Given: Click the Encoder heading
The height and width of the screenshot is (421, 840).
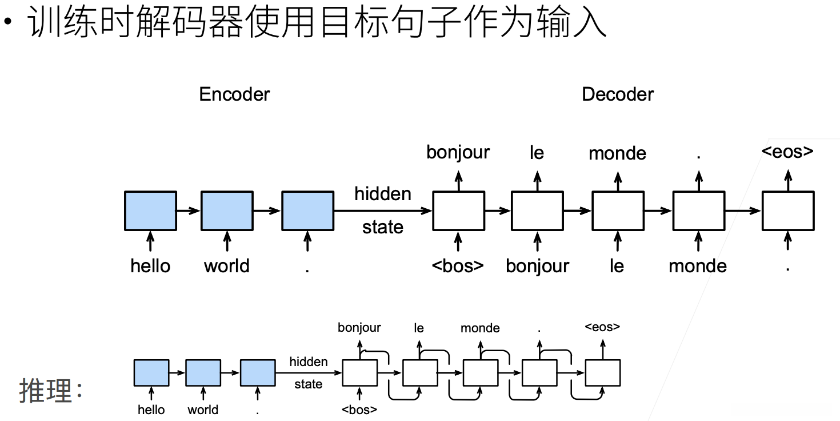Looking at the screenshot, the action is [x=234, y=94].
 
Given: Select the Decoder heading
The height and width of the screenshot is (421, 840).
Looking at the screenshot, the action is [x=618, y=94].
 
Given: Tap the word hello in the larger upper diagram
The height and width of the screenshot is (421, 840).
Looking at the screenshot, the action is [x=150, y=266].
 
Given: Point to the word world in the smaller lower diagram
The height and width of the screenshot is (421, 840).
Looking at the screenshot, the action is [x=203, y=410].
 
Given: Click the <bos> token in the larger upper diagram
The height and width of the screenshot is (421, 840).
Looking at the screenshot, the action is [x=458, y=266].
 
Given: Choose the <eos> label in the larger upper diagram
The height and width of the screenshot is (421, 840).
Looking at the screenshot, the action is [x=787, y=151].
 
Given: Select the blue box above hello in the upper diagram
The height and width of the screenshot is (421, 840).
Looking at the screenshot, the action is [x=150, y=211].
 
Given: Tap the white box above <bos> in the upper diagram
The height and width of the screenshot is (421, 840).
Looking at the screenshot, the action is [x=459, y=211].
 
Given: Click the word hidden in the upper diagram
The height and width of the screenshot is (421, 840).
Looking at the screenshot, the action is [x=383, y=194].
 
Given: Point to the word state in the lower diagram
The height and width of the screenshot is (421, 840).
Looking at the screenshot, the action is [x=308, y=384].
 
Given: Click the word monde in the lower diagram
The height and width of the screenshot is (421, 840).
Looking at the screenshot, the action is [x=480, y=328].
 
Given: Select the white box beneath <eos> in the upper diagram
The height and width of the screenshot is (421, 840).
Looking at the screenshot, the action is [x=788, y=211].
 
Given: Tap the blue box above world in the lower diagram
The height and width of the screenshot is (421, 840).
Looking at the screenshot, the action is [x=203, y=373].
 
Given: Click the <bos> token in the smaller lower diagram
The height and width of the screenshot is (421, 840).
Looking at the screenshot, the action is [x=359, y=410].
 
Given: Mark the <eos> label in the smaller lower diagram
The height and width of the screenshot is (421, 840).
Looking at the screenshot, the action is [x=602, y=327].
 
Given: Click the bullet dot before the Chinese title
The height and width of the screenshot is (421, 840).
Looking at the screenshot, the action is [x=8, y=21].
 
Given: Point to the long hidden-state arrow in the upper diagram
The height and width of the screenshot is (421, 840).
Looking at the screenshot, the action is [x=383, y=211].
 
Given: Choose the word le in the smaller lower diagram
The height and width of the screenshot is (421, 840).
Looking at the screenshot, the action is [x=419, y=328].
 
